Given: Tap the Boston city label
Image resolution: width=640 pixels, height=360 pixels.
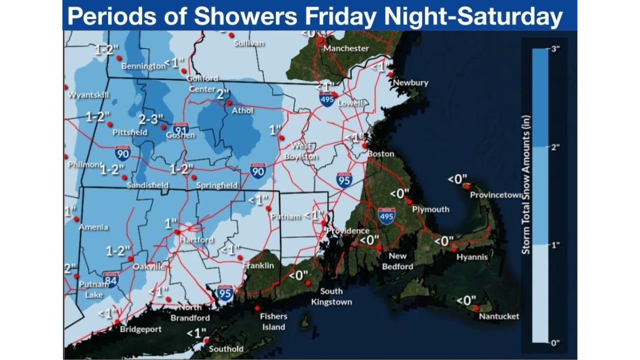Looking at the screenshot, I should click(x=380, y=154).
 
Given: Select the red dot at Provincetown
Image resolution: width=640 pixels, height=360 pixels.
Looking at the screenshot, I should click(x=466, y=186).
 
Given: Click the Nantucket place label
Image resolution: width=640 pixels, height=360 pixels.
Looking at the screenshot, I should click(x=498, y=316).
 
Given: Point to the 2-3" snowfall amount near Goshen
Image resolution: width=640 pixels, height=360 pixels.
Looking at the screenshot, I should click(x=150, y=119).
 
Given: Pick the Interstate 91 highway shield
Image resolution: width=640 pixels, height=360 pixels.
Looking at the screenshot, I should click(x=181, y=129).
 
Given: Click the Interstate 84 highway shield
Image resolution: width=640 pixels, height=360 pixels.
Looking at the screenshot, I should click(x=110, y=279).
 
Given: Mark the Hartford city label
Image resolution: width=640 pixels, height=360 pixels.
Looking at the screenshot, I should click(x=196, y=240).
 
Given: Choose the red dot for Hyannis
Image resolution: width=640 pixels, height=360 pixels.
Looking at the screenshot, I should click(x=453, y=248).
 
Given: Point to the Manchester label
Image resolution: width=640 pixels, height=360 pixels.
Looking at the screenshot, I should click(x=346, y=48).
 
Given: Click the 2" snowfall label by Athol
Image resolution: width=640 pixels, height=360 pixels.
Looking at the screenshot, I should click(x=222, y=93).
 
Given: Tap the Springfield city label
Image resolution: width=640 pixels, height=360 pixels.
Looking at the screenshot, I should click(x=216, y=185).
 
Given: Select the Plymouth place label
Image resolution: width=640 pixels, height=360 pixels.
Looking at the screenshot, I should click(x=430, y=209).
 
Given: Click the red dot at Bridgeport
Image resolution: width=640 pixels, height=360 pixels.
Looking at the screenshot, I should click(x=116, y=321).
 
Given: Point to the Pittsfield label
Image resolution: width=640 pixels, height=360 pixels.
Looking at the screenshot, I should click(x=130, y=132).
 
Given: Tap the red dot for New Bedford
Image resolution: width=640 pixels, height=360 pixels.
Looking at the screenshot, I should click(x=379, y=247).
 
